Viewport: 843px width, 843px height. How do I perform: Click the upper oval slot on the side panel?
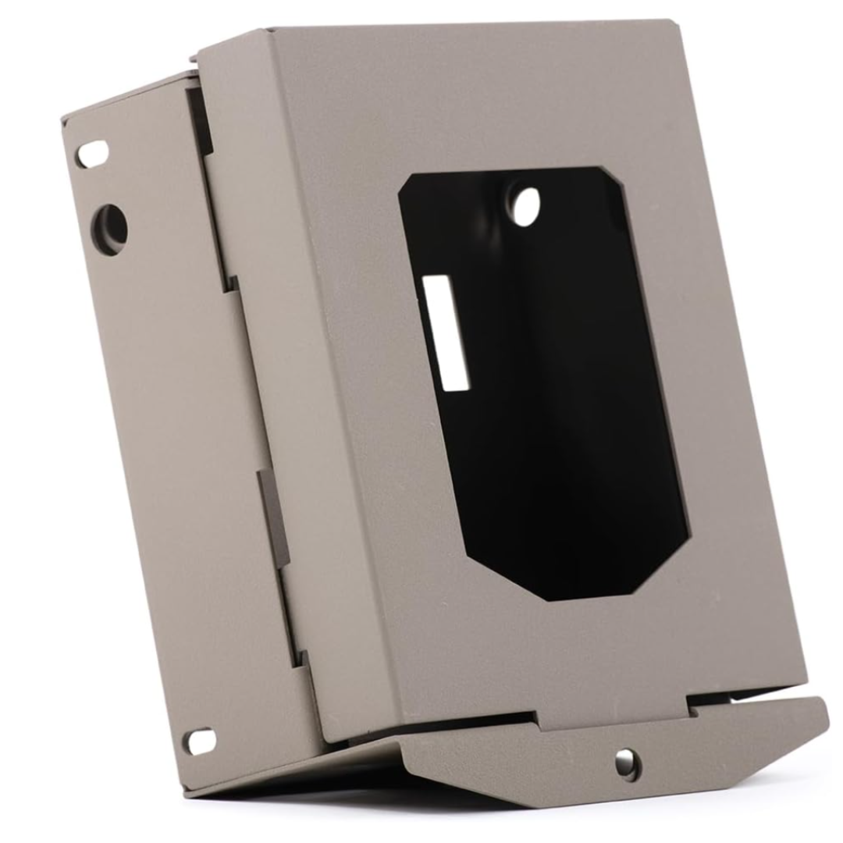pyautogui.click(x=92, y=152)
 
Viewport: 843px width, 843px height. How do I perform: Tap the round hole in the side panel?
pyautogui.click(x=110, y=229)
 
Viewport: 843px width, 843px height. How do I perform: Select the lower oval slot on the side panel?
pyautogui.click(x=199, y=740)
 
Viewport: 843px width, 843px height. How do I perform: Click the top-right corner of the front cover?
pyautogui.click(x=678, y=23)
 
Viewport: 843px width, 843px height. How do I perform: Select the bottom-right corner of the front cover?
pyautogui.click(x=804, y=679)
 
